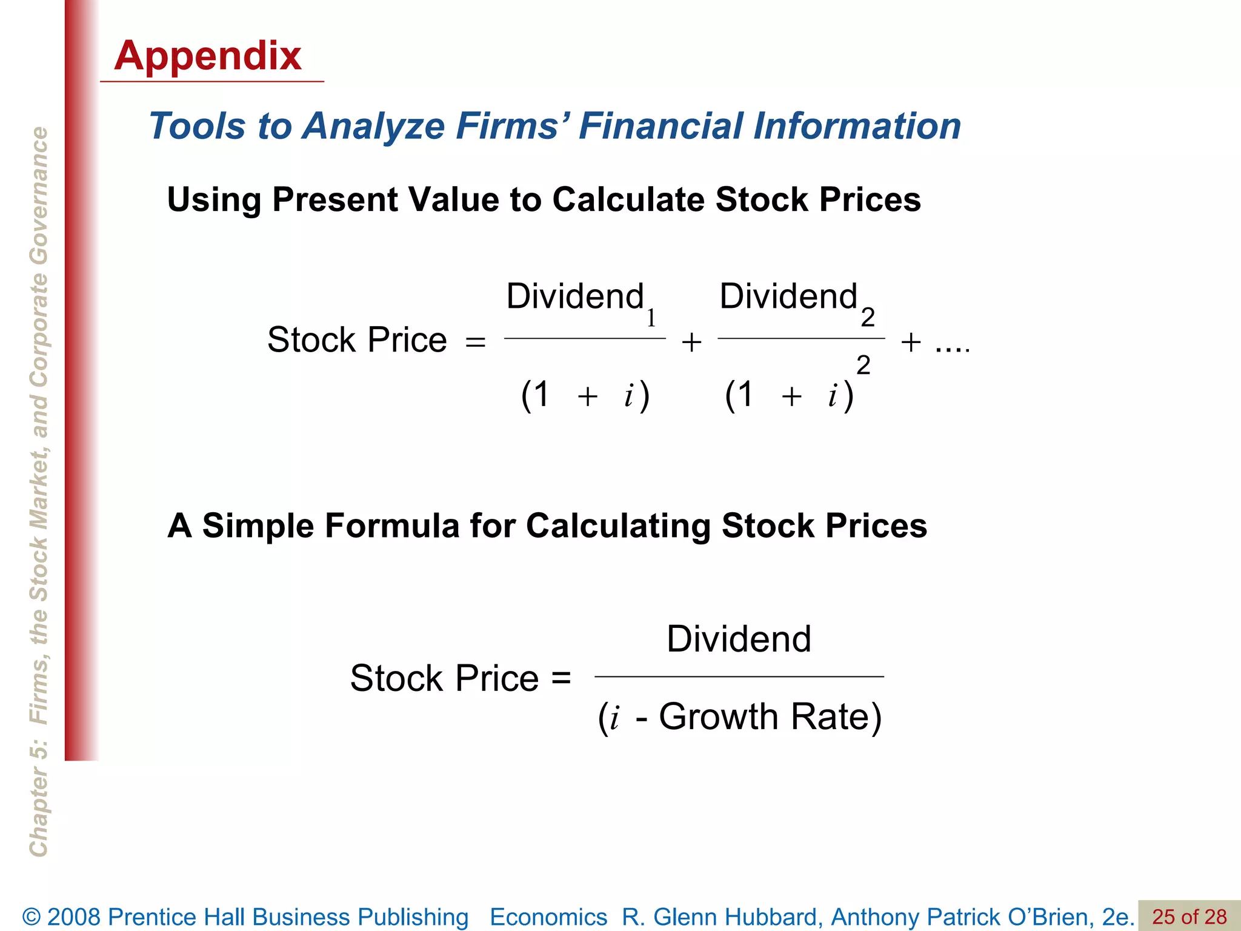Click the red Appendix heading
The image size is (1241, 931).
click(207, 56)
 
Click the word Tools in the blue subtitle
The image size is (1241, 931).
click(196, 126)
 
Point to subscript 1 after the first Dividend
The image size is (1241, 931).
click(651, 318)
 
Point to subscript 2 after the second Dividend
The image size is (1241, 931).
click(868, 317)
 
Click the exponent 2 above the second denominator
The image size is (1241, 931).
click(863, 365)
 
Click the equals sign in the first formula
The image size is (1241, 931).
click(476, 342)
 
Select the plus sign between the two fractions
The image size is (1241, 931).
click(691, 342)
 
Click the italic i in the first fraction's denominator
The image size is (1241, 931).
click(629, 396)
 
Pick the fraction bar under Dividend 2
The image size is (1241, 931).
click(801, 338)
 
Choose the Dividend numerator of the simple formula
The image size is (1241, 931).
click(739, 639)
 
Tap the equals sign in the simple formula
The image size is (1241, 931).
click(561, 678)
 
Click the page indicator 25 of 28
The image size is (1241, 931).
click(1189, 916)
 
